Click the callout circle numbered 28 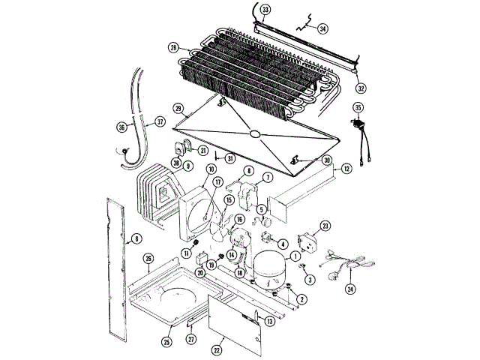tap(174, 49)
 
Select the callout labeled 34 tap(323, 28)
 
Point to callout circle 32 tap(361, 88)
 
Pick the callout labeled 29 tap(178, 108)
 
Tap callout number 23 tap(325, 225)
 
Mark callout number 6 tap(136, 240)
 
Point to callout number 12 tap(346, 169)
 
